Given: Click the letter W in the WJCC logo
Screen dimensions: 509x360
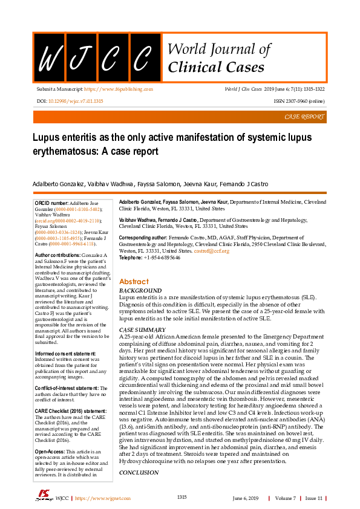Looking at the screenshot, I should pos(48,59).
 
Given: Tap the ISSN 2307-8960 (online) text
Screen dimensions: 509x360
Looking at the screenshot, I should pos(299,101).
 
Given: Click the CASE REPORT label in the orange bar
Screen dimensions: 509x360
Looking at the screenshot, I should pos(304,117).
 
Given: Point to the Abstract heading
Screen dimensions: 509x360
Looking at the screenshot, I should pos(134,282).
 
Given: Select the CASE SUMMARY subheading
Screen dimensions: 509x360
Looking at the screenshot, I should pos(143,330).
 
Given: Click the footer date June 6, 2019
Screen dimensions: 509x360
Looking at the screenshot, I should pos(245,498).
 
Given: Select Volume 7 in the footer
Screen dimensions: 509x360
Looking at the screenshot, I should pos(286,498).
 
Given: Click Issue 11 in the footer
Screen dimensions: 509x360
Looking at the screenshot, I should pos(313,498).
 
